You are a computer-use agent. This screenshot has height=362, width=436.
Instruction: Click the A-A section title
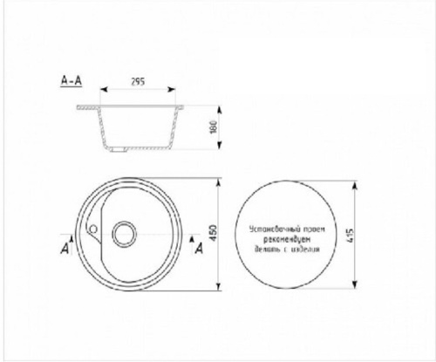72,80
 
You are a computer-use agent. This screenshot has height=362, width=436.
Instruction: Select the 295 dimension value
137,81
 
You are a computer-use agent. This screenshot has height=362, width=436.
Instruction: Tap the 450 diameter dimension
212,232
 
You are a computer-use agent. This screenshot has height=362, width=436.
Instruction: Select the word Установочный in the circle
271,229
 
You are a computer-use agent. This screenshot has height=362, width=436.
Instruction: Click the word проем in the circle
311,229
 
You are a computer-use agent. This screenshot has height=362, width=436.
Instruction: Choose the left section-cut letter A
65,249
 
